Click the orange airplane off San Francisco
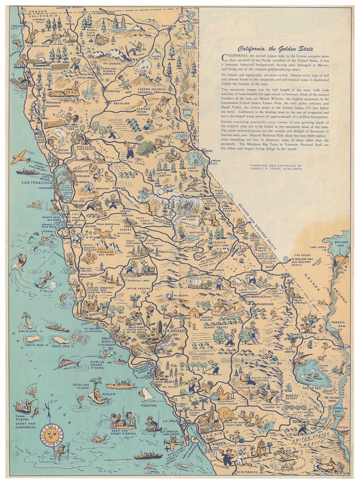pyautogui.click(x=20, y=157)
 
